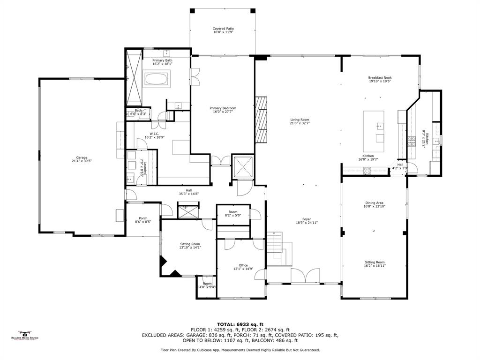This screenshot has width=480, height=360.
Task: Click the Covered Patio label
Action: point(223,29)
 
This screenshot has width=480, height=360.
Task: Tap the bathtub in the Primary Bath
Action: point(159,79)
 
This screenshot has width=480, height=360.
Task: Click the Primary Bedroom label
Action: point(223,108)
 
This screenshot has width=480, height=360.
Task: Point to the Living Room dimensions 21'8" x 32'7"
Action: point(300,123)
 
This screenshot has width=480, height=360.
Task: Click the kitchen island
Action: point(374,132)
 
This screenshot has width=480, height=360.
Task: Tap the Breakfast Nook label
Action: point(380,77)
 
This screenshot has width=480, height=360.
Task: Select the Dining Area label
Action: point(374,202)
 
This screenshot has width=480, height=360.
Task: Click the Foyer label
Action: point(306,219)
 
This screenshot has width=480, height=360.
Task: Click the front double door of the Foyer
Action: point(306,276)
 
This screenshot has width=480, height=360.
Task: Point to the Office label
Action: point(243,265)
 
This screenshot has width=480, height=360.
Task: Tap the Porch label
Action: point(143,218)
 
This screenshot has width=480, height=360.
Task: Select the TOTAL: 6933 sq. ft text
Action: point(240,324)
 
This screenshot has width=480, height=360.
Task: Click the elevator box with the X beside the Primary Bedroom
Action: point(243,167)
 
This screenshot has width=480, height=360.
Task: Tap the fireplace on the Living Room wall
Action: point(261,119)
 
